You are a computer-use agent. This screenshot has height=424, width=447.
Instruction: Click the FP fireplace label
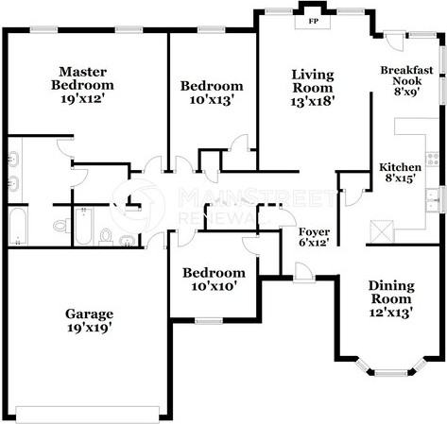313,22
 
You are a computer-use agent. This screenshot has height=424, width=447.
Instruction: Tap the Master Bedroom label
82,78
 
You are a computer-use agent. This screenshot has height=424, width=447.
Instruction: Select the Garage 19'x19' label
90,320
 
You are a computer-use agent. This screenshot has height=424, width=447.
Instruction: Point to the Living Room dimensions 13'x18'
312,101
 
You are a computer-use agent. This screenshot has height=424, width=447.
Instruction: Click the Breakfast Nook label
407,76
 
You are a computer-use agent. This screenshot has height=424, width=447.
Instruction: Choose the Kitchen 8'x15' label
400,173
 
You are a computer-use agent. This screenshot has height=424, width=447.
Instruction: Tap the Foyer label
314,232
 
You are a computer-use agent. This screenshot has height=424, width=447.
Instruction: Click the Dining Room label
391,292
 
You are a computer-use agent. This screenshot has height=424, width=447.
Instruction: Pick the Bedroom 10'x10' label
214,280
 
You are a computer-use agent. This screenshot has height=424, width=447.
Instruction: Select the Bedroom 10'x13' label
212,93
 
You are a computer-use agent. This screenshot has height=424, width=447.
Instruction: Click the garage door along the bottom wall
87,415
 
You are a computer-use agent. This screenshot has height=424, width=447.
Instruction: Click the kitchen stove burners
433,160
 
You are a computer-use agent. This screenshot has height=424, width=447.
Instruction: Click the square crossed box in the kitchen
382,231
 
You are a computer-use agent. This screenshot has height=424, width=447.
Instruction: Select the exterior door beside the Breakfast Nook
394,41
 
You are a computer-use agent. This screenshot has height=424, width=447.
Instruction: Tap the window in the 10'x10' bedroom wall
209,321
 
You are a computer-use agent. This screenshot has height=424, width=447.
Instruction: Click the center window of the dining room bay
391,373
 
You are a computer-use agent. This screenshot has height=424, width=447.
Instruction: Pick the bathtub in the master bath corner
17,226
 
